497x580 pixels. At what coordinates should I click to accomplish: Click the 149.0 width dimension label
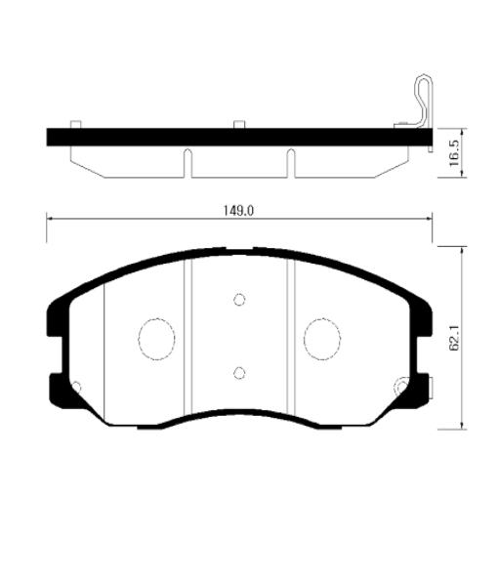pyautogui.click(x=238, y=211)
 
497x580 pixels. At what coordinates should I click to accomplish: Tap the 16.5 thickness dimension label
pyautogui.click(x=454, y=152)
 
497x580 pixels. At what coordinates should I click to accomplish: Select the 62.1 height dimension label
pyautogui.click(x=454, y=338)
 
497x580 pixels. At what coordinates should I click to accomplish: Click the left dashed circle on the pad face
pyautogui.click(x=157, y=339)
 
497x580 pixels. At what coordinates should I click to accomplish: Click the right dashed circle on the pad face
pyautogui.click(x=322, y=339)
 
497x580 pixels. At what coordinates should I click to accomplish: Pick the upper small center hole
pyautogui.click(x=239, y=299)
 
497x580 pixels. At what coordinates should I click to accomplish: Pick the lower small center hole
pyautogui.click(x=239, y=373)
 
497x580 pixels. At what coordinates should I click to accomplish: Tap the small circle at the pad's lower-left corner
pyautogui.click(x=76, y=388)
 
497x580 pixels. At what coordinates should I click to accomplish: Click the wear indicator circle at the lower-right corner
pyautogui.click(x=402, y=387)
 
